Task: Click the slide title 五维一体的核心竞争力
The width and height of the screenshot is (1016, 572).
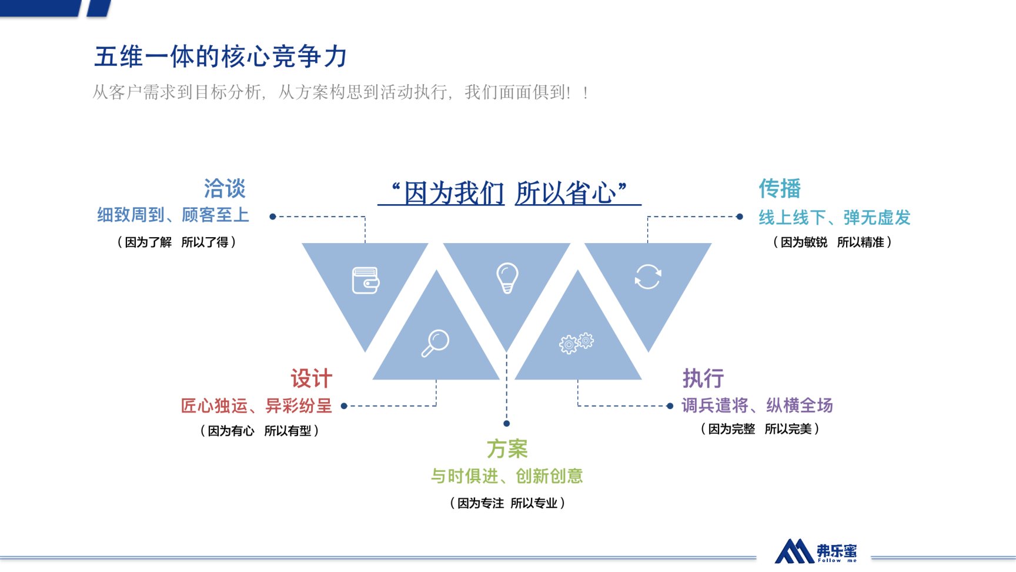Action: click(220, 56)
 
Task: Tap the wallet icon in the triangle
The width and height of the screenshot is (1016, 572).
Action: click(365, 280)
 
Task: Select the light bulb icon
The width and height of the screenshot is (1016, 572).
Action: click(507, 278)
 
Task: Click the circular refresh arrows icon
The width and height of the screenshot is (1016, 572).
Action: click(648, 277)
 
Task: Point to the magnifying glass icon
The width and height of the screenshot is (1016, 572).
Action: click(435, 343)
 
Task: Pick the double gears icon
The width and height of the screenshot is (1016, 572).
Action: click(576, 342)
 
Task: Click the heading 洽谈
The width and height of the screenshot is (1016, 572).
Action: click(225, 188)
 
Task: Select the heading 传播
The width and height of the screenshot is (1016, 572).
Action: click(780, 188)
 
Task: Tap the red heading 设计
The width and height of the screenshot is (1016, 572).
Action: click(311, 378)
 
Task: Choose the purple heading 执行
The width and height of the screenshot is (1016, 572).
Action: click(703, 378)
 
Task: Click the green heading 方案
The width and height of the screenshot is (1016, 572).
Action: click(507, 449)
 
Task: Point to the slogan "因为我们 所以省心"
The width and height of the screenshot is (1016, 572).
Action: click(509, 193)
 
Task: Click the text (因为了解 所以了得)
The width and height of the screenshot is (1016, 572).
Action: click(176, 242)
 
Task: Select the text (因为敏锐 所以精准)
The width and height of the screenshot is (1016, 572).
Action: click(832, 242)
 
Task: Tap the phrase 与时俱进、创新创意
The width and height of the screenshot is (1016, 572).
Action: click(507, 475)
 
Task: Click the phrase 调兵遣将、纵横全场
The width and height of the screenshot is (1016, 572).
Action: click(757, 405)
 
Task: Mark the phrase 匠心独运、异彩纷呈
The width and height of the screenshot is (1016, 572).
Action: click(256, 405)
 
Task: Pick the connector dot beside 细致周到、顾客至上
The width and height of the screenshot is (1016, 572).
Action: click(273, 217)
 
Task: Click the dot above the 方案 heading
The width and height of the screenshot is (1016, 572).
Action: click(507, 423)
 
